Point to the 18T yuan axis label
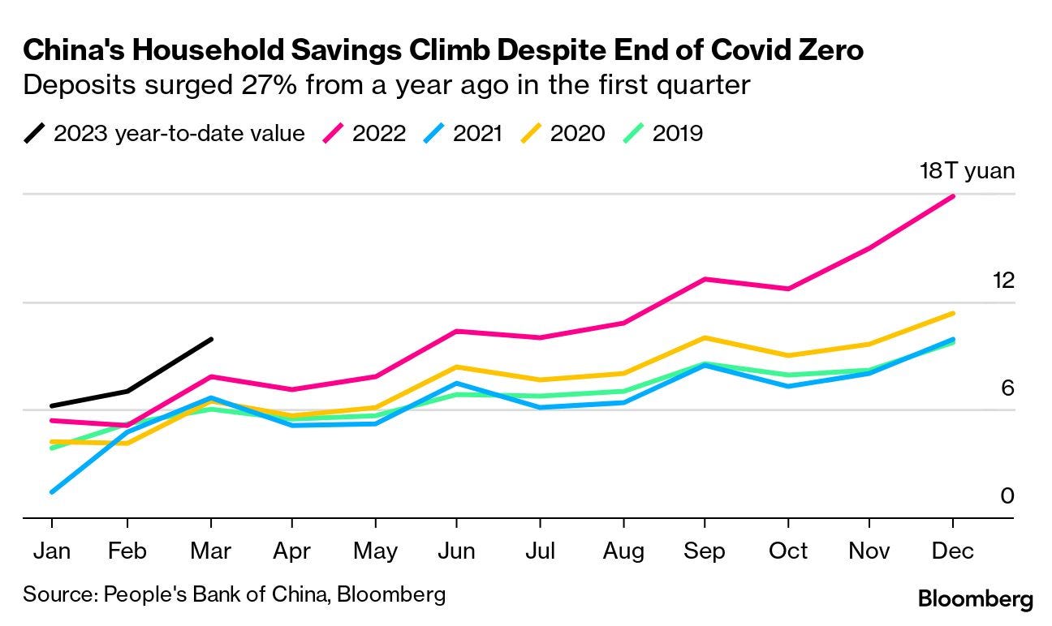pos(967,171)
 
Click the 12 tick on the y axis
pos(1003,281)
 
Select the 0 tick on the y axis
pos(1007,495)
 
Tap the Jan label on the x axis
pos(52,551)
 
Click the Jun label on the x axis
pos(456,551)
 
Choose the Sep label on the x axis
pos(705,551)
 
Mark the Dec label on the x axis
pos(952,551)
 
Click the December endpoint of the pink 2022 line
pos(953,196)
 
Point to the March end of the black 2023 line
pos(211,339)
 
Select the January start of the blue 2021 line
pos(52,491)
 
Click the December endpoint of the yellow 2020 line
pos(953,313)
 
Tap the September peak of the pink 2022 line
pos(705,279)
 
